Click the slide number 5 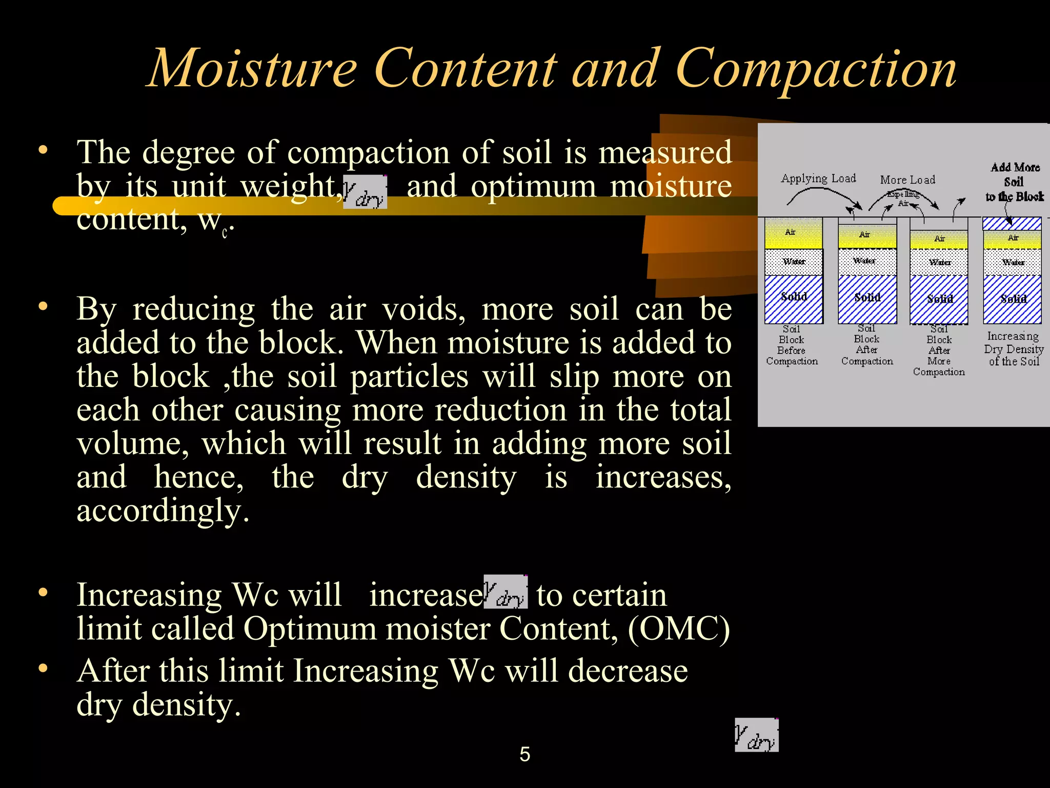tap(524, 754)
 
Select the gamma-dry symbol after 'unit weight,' tap(365, 192)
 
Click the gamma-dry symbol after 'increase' tap(506, 592)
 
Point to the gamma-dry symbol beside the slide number tap(756, 735)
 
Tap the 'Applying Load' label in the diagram tap(818, 179)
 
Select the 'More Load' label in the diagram tap(907, 180)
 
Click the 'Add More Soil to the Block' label tap(1015, 182)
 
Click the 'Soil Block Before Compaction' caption tap(792, 345)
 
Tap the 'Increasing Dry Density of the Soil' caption tap(1014, 349)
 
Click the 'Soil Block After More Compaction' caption tap(939, 350)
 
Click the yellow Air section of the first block tap(793, 234)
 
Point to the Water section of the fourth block tap(1013, 262)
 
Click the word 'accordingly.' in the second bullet tap(163, 511)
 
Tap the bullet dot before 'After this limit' tap(43, 668)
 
